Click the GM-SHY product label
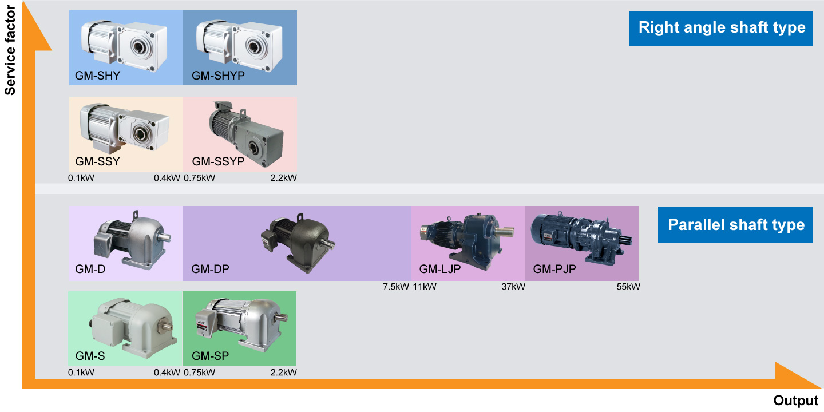tap(97, 76)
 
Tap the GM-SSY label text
tap(97, 161)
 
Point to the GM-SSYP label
tap(218, 161)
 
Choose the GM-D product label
tap(90, 268)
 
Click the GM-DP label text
tap(210, 268)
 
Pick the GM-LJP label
tap(439, 268)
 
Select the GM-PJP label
tap(554, 268)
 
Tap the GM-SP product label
tap(210, 356)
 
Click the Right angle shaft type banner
tap(721, 27)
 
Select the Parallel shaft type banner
tap(735, 224)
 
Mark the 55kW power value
tap(628, 287)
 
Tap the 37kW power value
tap(513, 287)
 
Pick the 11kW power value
tap(425, 287)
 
